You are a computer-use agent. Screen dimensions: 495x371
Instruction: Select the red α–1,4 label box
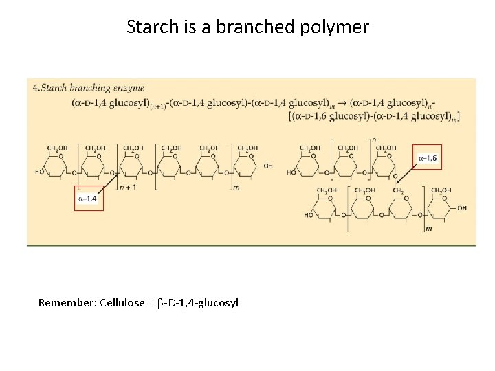tap(89, 198)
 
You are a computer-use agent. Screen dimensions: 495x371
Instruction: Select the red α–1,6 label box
tap(426, 159)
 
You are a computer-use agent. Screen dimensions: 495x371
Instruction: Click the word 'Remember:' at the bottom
tap(67, 302)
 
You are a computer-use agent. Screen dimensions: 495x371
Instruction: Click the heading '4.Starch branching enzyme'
tap(88, 87)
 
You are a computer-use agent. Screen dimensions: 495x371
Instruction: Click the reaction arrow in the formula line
tap(342, 103)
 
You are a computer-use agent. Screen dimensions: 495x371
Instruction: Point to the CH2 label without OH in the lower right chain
tap(397, 190)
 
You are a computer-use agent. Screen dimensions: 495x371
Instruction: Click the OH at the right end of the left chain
tap(268, 165)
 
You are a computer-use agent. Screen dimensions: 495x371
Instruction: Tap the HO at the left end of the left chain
tap(41, 172)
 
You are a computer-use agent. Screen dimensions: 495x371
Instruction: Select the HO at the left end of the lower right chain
tap(308, 215)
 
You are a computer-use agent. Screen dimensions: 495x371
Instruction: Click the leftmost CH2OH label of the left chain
tap(57, 148)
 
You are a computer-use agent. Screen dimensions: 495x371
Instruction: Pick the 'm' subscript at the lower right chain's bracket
tap(430, 228)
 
